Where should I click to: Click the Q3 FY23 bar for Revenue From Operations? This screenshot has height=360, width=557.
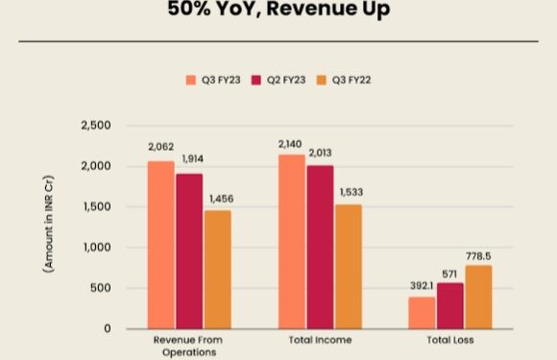(161, 245)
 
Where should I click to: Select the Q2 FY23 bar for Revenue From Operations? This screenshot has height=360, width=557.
(189, 251)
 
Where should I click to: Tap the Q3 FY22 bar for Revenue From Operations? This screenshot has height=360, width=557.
(218, 270)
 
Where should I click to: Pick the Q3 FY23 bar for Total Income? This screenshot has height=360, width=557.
(291, 242)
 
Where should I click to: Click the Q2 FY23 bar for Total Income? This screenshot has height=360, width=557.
(319, 247)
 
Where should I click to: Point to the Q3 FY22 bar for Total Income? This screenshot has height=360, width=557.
(348, 266)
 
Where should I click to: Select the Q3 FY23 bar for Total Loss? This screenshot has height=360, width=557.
(421, 313)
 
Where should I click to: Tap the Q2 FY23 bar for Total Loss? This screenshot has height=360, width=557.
(449, 305)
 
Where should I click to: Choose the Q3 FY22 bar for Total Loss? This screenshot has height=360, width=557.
(477, 297)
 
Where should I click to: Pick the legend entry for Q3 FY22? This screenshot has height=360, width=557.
(345, 79)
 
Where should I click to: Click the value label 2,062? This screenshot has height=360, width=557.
(161, 147)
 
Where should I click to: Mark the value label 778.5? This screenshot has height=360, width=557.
(478, 254)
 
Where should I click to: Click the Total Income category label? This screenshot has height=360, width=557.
(319, 341)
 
